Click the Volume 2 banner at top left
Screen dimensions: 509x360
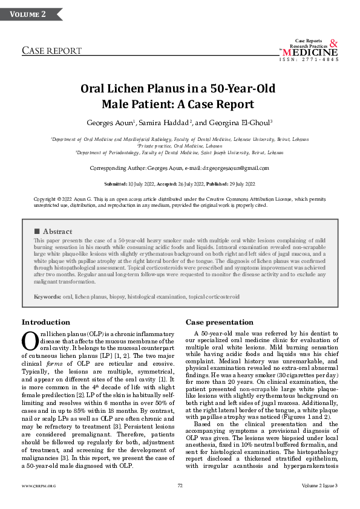27,14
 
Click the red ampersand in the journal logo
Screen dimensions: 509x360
334,44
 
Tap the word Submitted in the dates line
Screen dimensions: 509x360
115,184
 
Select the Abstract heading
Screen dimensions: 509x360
57,232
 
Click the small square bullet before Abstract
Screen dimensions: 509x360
37,232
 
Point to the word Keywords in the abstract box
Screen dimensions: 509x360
47,297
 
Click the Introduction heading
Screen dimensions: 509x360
46,322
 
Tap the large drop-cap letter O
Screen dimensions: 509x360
30,342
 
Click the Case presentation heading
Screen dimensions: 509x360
220,322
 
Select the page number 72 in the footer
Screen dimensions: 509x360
180,485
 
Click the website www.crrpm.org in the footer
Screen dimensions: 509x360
39,485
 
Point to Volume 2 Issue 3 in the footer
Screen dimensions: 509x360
319,485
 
